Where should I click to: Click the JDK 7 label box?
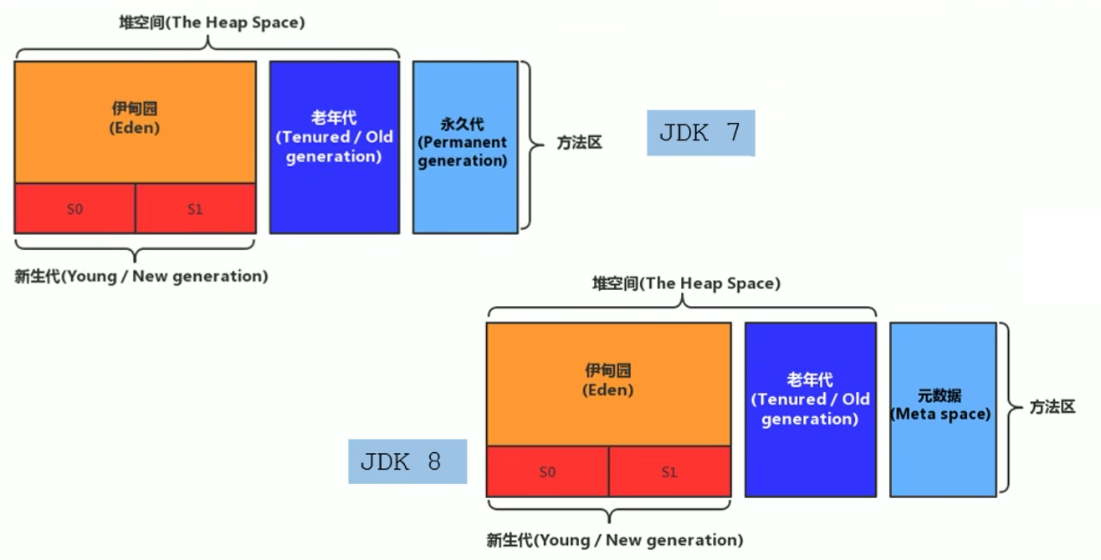click(x=701, y=133)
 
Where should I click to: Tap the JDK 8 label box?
click(x=407, y=461)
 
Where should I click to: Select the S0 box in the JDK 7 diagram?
click(x=74, y=209)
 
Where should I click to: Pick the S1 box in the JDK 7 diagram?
click(x=196, y=209)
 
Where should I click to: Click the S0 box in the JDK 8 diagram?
click(x=547, y=471)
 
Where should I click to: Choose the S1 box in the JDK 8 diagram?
click(x=670, y=471)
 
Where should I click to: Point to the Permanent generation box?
click(x=465, y=147)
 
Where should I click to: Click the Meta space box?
click(x=943, y=410)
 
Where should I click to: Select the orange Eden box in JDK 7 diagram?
click(x=136, y=122)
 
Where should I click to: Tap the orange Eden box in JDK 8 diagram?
click(x=609, y=384)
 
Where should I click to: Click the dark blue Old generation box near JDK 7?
click(x=335, y=147)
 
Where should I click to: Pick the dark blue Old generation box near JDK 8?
click(x=811, y=410)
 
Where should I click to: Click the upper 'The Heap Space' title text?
click(x=212, y=23)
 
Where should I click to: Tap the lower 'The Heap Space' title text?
click(x=686, y=283)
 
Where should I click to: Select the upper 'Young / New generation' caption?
click(x=141, y=276)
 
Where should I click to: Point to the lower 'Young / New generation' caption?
click(x=614, y=540)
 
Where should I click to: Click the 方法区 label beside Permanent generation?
click(x=579, y=143)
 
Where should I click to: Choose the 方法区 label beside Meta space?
click(x=1052, y=407)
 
